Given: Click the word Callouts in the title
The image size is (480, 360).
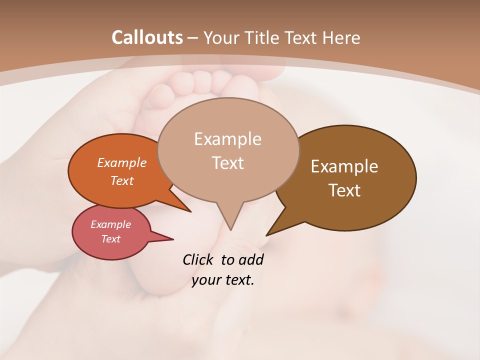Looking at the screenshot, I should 147,37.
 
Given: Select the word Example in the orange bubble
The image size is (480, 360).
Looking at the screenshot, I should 122,162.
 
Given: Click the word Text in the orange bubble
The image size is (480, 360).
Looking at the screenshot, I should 122,180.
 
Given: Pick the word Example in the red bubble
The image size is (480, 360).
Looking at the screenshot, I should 111,224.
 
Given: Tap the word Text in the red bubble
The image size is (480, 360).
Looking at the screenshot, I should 111,239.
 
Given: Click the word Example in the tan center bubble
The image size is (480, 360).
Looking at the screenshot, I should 227,139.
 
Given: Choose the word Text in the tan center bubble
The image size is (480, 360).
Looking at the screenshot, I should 228,162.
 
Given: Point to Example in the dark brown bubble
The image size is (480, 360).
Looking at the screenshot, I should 344,166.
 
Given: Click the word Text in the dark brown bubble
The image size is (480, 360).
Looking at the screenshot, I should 344,190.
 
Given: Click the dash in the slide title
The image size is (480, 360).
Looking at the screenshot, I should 193,37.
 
